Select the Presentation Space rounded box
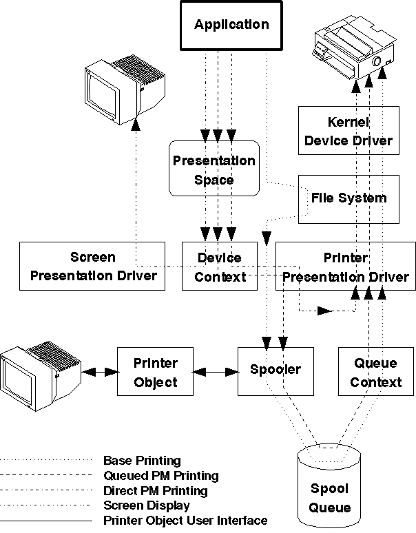pyautogui.click(x=214, y=169)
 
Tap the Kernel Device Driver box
pyautogui.click(x=348, y=131)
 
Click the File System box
pyautogui.click(x=348, y=198)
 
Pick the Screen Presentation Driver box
pyautogui.click(x=92, y=266)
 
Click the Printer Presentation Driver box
pyautogui.click(x=345, y=267)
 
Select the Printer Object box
pyautogui.click(x=155, y=372)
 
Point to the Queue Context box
pyautogui.click(x=376, y=372)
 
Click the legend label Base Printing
pyautogui.click(x=142, y=461)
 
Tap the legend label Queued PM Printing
pyautogui.click(x=160, y=476)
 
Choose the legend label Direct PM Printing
pyautogui.click(x=155, y=491)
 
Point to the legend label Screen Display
pyautogui.click(x=146, y=505)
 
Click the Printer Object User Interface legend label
pyautogui.click(x=185, y=521)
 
